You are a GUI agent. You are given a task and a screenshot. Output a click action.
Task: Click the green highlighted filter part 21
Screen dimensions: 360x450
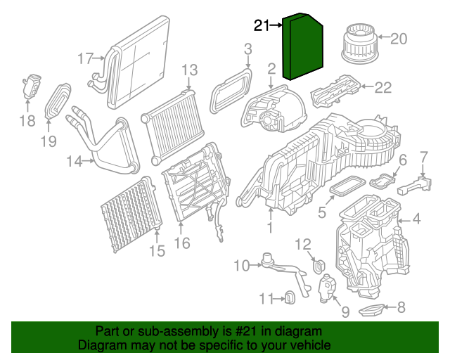click(304, 47)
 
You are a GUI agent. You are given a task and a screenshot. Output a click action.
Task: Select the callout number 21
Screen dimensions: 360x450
click(262, 26)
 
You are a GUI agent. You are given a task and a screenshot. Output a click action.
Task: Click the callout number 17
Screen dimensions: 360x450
click(86, 59)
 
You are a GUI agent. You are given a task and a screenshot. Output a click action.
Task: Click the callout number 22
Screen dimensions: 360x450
click(382, 88)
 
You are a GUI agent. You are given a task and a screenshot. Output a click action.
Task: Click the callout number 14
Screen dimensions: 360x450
click(75, 162)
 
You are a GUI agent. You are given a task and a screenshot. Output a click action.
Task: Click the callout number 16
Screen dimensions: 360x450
click(181, 244)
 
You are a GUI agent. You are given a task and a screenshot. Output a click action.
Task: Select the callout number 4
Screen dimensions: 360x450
click(416, 219)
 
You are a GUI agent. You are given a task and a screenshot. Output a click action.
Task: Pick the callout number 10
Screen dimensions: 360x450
click(241, 265)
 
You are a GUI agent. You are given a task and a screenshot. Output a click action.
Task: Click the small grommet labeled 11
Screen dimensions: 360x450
click(288, 299)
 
